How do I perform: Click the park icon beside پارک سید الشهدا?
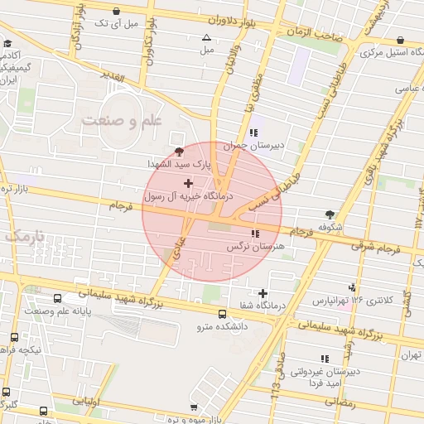click(x=180, y=151)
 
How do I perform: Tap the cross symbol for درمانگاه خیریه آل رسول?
click(x=188, y=182)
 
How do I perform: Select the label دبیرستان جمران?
click(x=257, y=144)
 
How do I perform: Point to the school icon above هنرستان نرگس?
click(x=254, y=234)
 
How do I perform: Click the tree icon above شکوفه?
click(x=330, y=214)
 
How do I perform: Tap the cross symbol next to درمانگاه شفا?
click(x=263, y=293)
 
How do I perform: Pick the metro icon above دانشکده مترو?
click(x=222, y=315)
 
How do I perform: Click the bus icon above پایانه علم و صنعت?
click(x=57, y=299)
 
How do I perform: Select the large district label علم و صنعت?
click(x=124, y=121)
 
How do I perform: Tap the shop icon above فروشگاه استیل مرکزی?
click(x=400, y=40)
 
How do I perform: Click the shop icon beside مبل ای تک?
click(x=114, y=12)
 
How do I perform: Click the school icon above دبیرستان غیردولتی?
click(x=324, y=359)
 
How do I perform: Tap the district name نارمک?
click(x=25, y=237)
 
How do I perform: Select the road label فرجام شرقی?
click(x=386, y=246)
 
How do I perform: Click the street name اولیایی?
click(x=86, y=402)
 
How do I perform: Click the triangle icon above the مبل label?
click(x=206, y=37)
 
